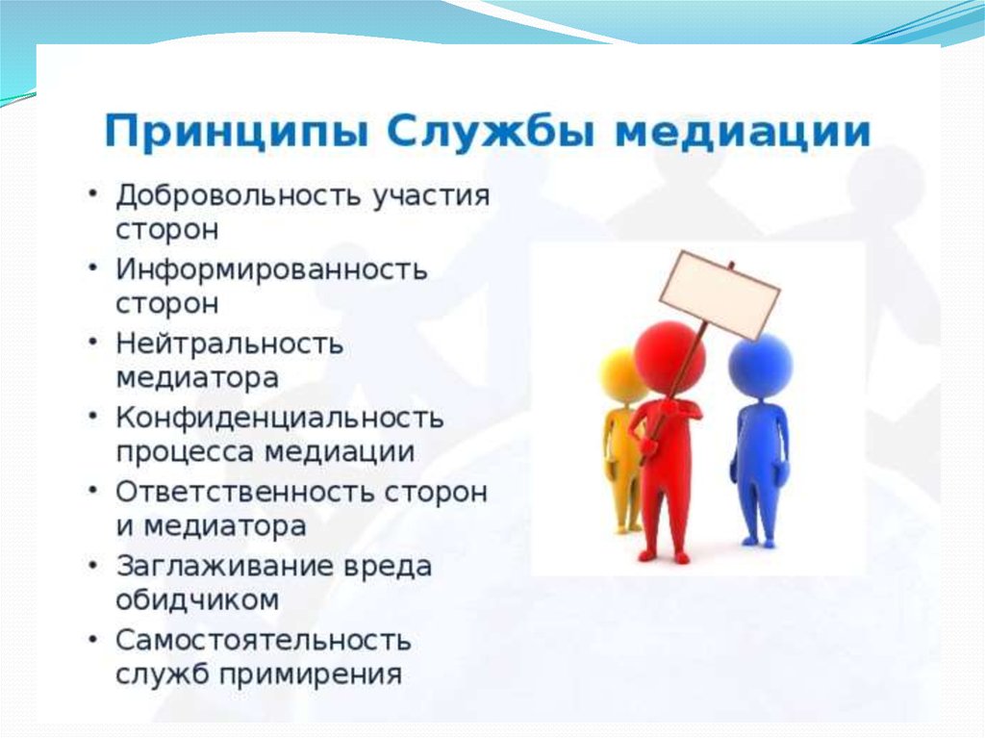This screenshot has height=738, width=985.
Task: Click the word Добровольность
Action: (x=239, y=195)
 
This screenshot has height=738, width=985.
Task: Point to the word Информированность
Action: (x=271, y=270)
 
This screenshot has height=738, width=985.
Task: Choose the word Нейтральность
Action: (x=230, y=344)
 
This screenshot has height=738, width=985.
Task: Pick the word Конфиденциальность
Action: (x=280, y=419)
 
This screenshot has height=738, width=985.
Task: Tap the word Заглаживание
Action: (x=224, y=566)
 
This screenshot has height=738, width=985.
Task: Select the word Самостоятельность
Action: (x=264, y=640)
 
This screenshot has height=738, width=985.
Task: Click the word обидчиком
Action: (x=197, y=599)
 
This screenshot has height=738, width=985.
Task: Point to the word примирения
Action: (x=311, y=675)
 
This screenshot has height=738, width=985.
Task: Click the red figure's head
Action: (x=669, y=357)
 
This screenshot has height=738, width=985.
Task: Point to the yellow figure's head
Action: (x=623, y=376)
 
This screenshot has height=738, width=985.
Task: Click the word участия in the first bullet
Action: (x=431, y=196)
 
